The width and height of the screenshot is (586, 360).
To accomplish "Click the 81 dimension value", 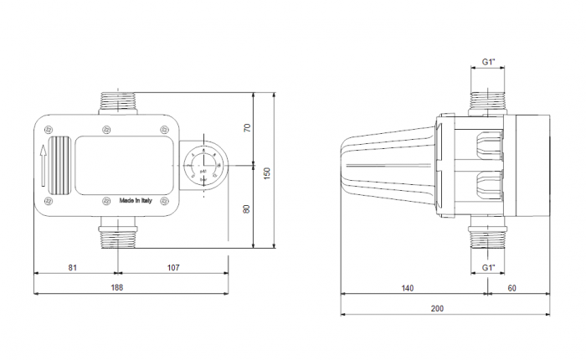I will [72, 268].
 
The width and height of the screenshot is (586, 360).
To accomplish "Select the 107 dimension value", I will [173, 268].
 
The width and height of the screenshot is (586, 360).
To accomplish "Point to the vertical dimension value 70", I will [247, 128].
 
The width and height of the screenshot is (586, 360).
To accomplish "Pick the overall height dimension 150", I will [267, 172].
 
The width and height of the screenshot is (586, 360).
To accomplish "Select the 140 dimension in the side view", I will [407, 288].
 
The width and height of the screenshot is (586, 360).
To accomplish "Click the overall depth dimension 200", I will [437, 308].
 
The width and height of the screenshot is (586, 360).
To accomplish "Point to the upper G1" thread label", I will [490, 63].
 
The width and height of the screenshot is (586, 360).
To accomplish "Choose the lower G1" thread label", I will [490, 267].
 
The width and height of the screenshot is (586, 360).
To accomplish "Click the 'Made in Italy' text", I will [136, 201].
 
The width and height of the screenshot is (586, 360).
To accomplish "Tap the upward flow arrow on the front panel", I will [42, 166].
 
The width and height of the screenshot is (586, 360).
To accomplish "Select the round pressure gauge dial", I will [202, 166].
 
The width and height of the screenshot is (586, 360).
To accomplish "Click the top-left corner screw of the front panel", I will [49, 130].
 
